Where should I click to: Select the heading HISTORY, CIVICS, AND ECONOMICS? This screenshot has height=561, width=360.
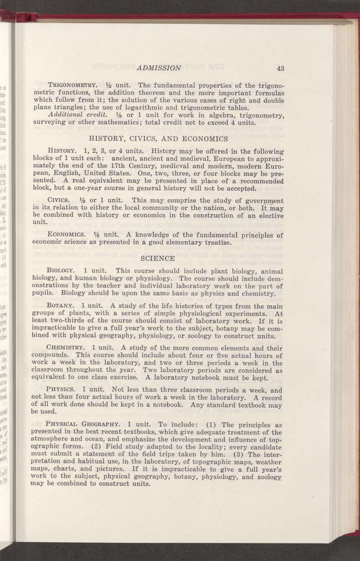tap(158, 139)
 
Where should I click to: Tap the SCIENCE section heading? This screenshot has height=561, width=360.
tap(157, 258)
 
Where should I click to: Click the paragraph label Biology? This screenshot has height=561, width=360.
tap(61, 271)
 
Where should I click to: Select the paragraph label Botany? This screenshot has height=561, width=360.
tap(60, 306)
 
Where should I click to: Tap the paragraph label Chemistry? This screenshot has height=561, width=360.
tap(66, 348)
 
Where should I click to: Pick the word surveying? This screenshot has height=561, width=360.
tap(46, 123)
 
